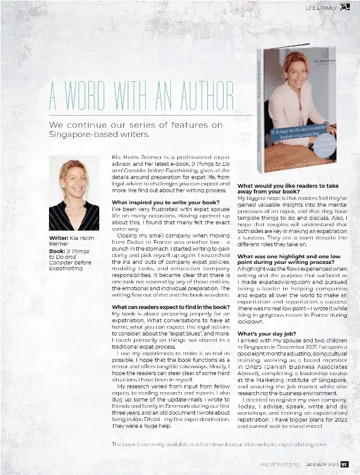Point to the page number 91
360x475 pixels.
pyautogui.click(x=344, y=465)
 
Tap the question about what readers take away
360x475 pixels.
pyautogui.click(x=288, y=189)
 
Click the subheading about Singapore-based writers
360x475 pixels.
pyautogui.click(x=136, y=129)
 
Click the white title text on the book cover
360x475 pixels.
pyautogui.click(x=295, y=134)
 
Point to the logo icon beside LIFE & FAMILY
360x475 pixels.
pyautogui.click(x=344, y=7)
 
